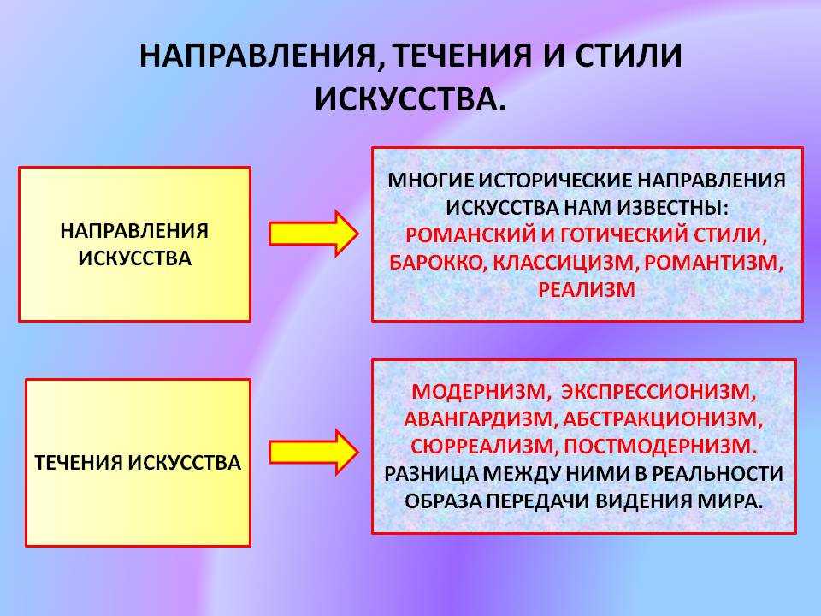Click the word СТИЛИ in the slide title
click(x=629, y=56)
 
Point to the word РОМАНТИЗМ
click(x=713, y=263)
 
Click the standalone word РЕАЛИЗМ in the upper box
click(x=587, y=290)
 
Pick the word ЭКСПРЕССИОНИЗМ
click(x=659, y=392)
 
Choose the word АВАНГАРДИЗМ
click(x=478, y=419)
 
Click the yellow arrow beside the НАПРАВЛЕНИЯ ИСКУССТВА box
click(x=314, y=234)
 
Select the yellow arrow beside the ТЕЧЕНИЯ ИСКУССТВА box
click(x=314, y=452)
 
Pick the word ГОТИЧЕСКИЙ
click(x=623, y=235)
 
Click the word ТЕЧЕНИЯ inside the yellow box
click(x=79, y=463)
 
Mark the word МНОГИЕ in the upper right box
click(x=430, y=181)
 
